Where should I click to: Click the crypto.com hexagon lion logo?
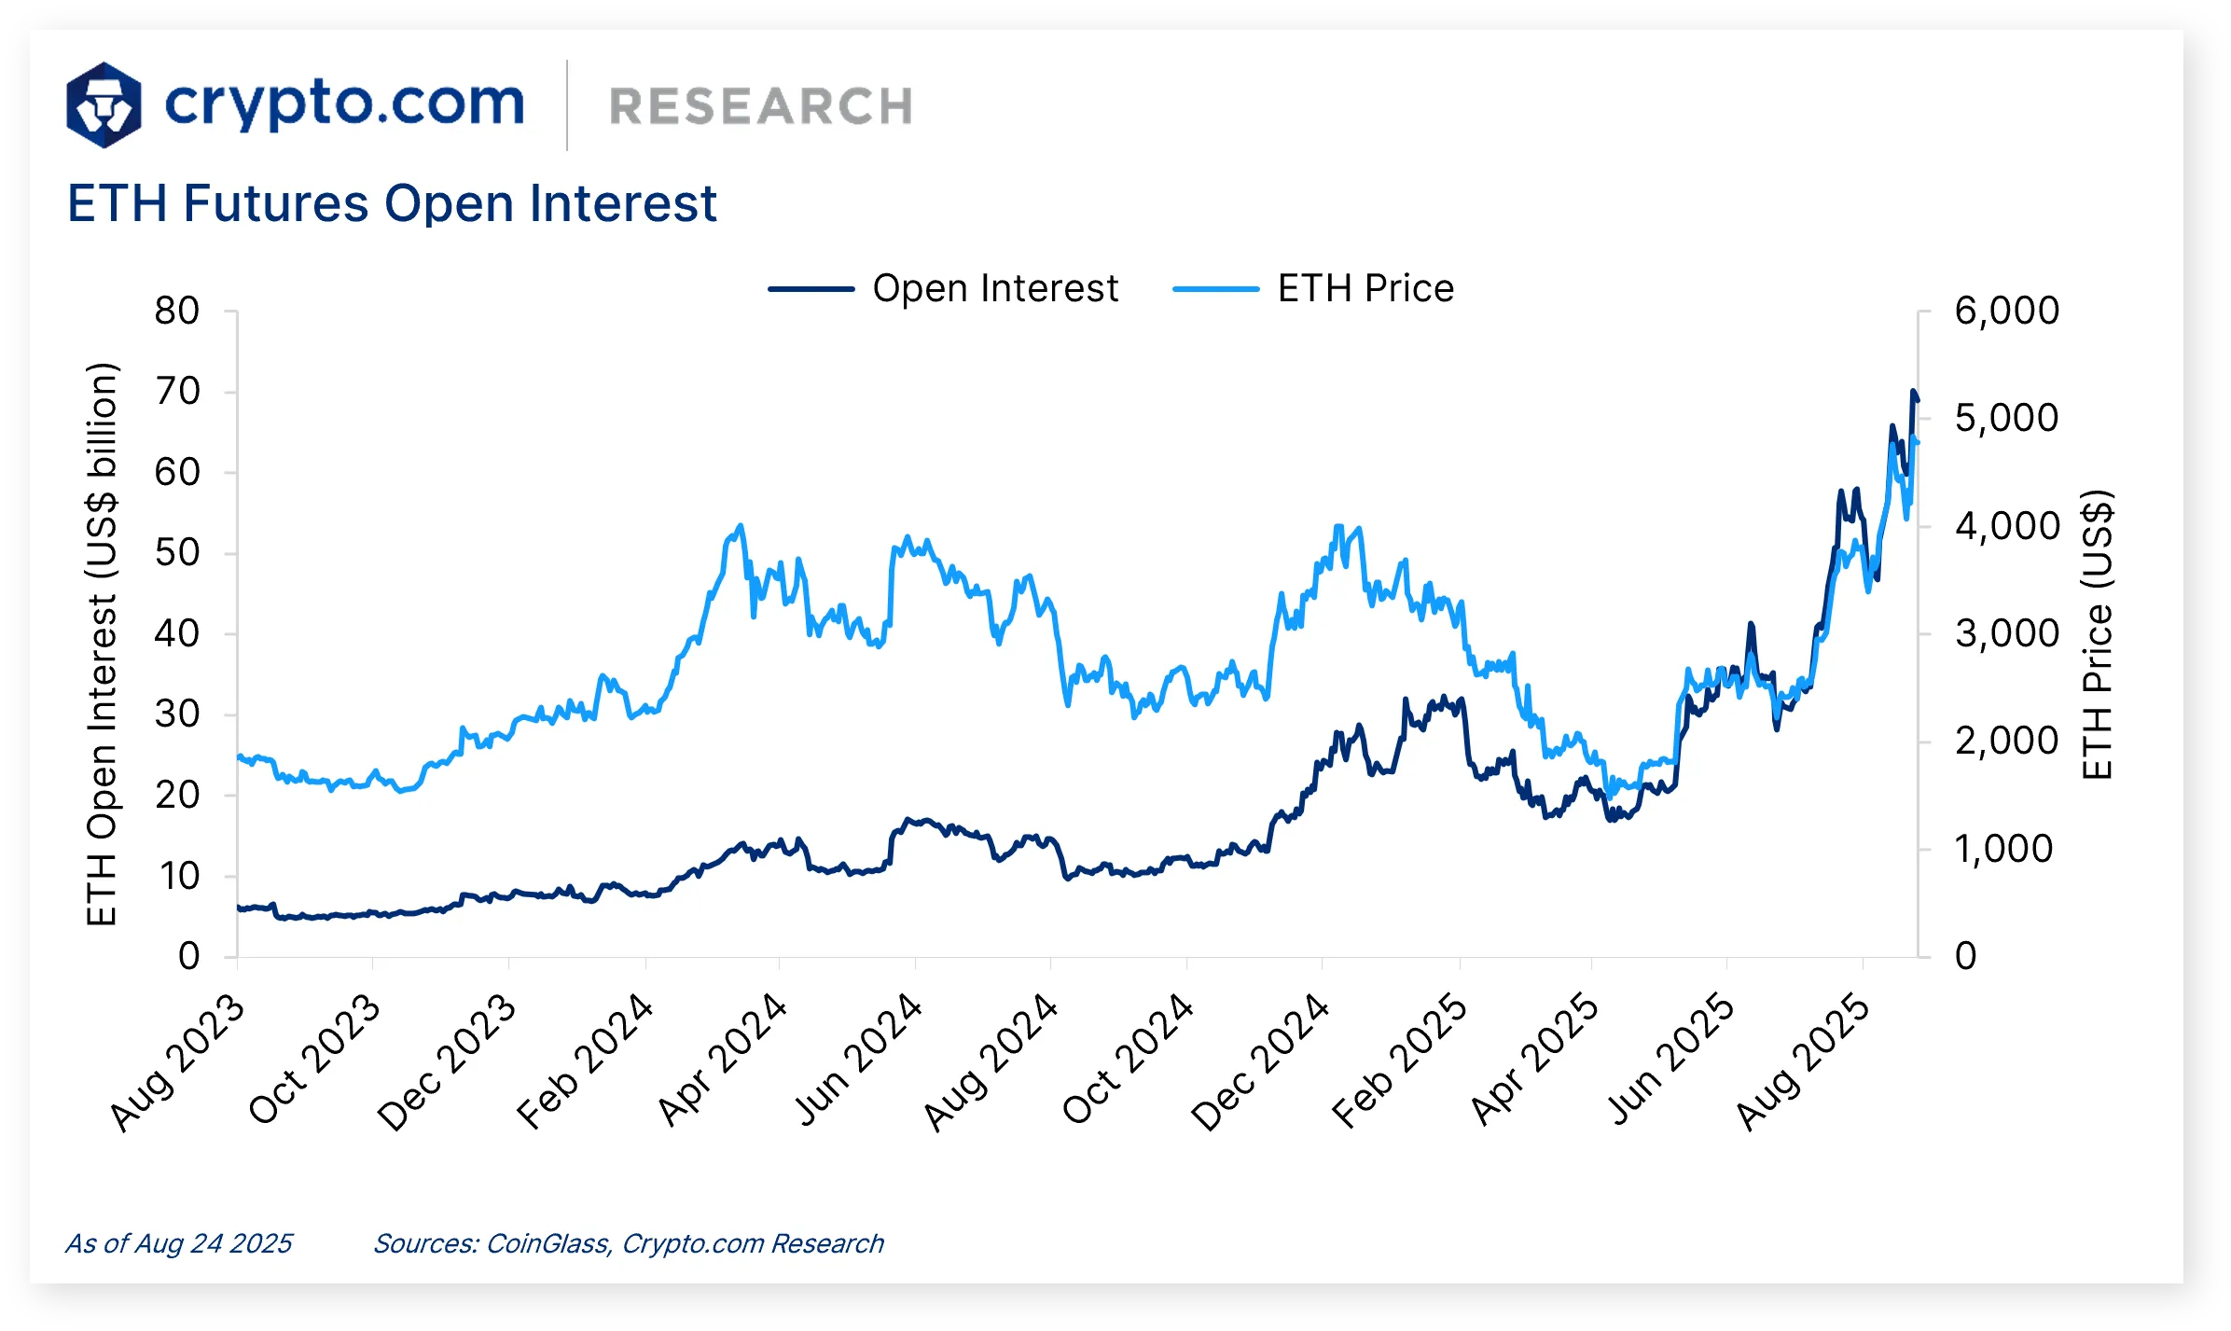(104, 104)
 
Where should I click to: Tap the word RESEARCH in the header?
(760, 106)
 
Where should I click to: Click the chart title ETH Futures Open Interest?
(392, 203)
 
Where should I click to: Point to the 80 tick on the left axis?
(177, 311)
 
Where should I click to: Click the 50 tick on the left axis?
(177, 552)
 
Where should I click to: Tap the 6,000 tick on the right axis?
(2006, 311)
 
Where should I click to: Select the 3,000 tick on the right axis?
(2006, 633)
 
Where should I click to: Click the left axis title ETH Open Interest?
(102, 644)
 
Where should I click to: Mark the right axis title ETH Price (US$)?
(2097, 634)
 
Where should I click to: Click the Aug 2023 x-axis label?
(177, 1063)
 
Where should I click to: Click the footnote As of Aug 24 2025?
(178, 1243)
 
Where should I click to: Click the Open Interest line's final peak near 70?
(1913, 393)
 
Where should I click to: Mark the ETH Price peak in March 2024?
(741, 526)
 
